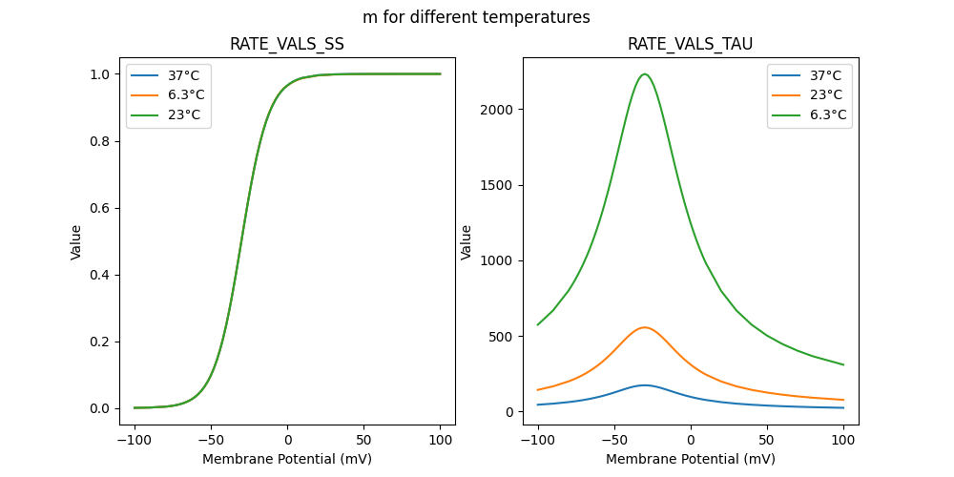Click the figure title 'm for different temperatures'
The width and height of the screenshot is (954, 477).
coord(476,17)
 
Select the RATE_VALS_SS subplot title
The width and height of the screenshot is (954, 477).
coord(287,44)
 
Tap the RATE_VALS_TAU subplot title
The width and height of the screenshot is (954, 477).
coord(690,44)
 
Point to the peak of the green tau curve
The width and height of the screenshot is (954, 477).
coord(645,74)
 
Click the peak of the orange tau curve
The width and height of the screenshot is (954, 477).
coord(645,327)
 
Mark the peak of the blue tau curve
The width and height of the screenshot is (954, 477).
coord(645,385)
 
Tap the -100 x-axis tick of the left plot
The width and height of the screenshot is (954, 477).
coord(135,441)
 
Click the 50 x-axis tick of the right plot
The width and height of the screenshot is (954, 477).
coord(766,441)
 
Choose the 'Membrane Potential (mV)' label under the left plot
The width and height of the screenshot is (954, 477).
coord(287,459)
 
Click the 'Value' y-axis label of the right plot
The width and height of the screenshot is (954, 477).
coord(467,241)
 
